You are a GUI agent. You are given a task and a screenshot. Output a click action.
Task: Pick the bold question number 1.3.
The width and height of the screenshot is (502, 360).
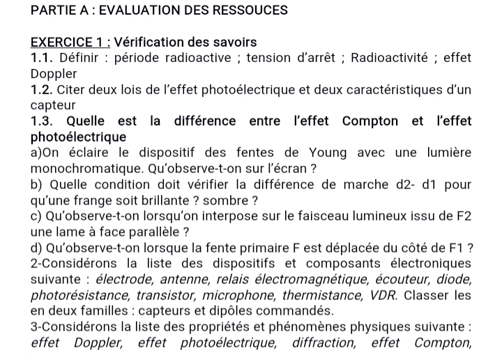click(x=45, y=121)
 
